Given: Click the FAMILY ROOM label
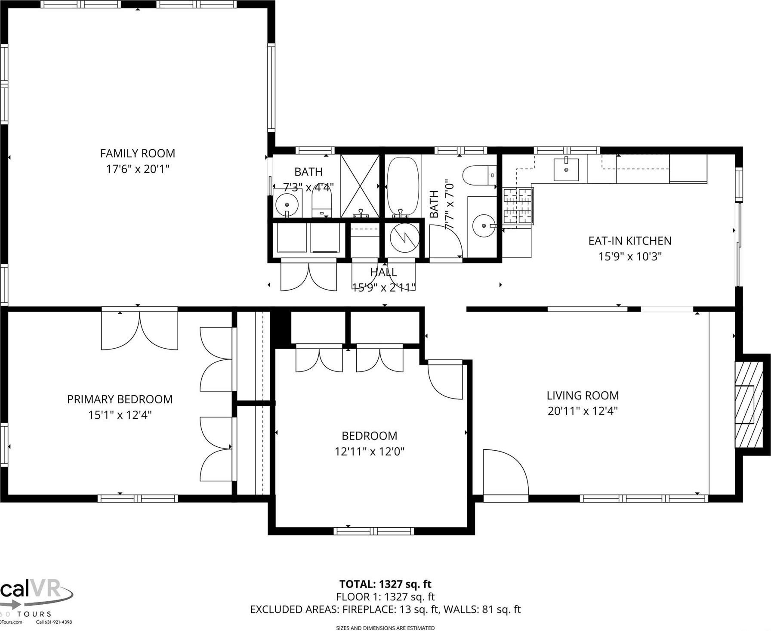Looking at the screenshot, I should pyautogui.click(x=137, y=153).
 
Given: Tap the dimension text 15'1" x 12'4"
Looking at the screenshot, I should pyautogui.click(x=120, y=415).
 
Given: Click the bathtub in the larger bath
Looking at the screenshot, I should pyautogui.click(x=403, y=186).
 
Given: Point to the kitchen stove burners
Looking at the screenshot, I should pyautogui.click(x=518, y=206).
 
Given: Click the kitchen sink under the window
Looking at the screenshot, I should pyautogui.click(x=566, y=170).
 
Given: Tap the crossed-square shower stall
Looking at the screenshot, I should pyautogui.click(x=360, y=186).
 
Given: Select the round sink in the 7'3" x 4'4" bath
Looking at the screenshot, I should pyautogui.click(x=287, y=205).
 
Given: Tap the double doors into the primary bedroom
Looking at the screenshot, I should pyautogui.click(x=139, y=329).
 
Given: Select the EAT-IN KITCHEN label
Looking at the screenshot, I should pyautogui.click(x=629, y=241).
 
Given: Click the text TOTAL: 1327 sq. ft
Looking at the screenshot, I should pyautogui.click(x=385, y=584).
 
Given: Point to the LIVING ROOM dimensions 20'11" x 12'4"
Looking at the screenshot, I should pyautogui.click(x=583, y=411).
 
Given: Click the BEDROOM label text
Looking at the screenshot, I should pyautogui.click(x=369, y=436).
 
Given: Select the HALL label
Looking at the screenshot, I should pyautogui.click(x=383, y=272).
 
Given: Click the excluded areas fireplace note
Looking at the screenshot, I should pyautogui.click(x=385, y=609).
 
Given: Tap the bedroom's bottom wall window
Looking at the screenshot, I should pyautogui.click(x=373, y=531).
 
